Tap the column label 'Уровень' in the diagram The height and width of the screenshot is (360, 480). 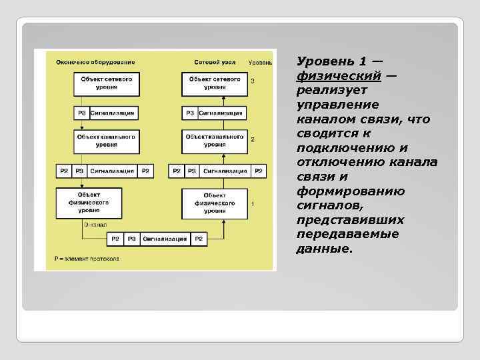tap(260, 62)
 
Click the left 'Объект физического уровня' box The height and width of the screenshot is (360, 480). tap(89, 203)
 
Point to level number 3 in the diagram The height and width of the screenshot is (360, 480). tap(253, 81)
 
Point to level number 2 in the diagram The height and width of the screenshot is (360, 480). tap(253, 139)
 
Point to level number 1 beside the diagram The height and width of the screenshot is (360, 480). tap(253, 203)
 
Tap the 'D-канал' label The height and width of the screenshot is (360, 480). tap(94, 225)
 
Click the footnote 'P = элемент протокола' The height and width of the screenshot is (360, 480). tap(87, 257)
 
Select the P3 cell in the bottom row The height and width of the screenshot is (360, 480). tap(131, 239)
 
